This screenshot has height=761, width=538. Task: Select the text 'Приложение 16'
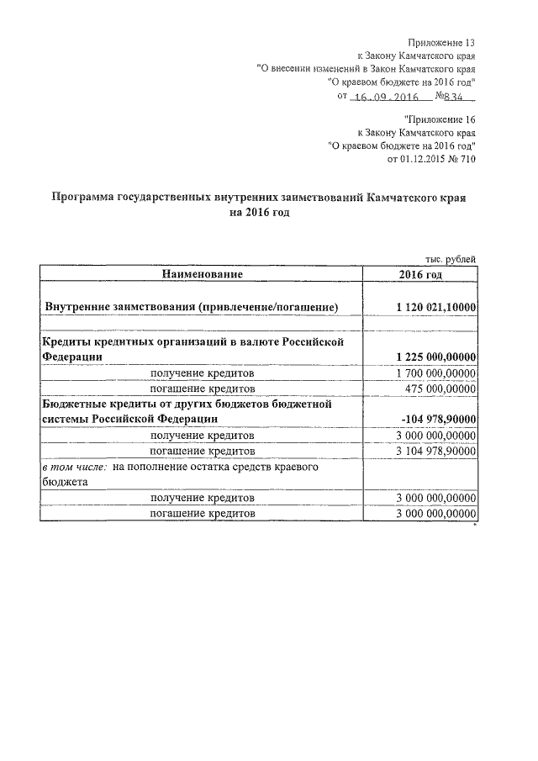tap(440, 119)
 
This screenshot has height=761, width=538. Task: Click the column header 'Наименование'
tap(202, 275)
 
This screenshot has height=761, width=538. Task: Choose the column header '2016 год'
tap(420, 275)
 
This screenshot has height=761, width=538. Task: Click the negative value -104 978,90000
tap(440, 420)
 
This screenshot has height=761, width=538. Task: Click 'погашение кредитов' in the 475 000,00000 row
tap(202, 388)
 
